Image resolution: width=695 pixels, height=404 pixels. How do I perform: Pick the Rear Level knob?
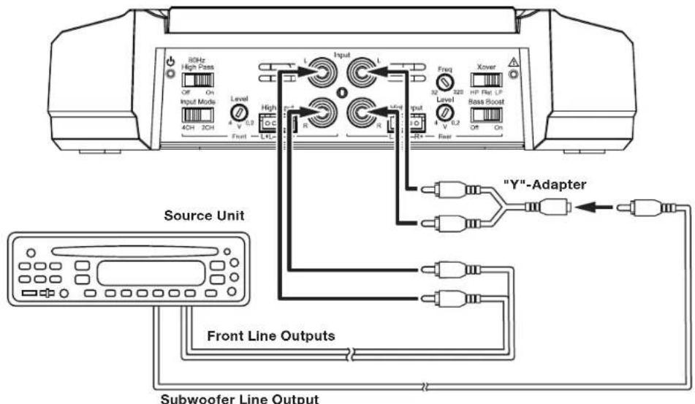pos(443,113)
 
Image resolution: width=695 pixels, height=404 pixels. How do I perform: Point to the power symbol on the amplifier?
pos(170,61)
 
